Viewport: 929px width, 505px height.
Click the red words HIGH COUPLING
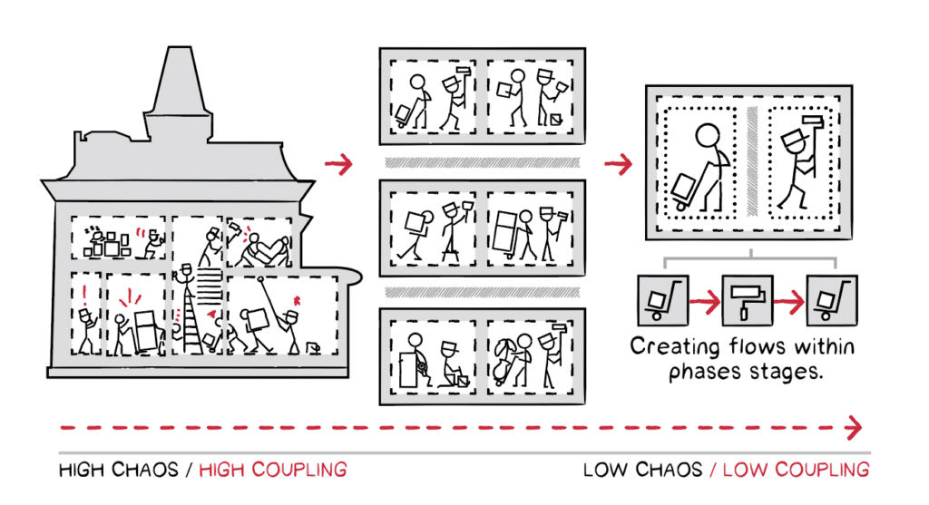[x=272, y=470]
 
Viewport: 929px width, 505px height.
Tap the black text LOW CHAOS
[x=642, y=470]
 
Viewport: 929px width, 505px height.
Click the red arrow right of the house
[x=338, y=164]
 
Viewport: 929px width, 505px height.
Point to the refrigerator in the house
[x=145, y=331]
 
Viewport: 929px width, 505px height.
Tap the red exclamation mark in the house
[x=86, y=293]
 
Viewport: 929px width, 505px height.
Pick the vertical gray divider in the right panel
[x=749, y=162]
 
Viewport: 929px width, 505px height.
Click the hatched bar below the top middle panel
[x=478, y=162]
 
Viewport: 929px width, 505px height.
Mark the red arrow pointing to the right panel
[x=618, y=164]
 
